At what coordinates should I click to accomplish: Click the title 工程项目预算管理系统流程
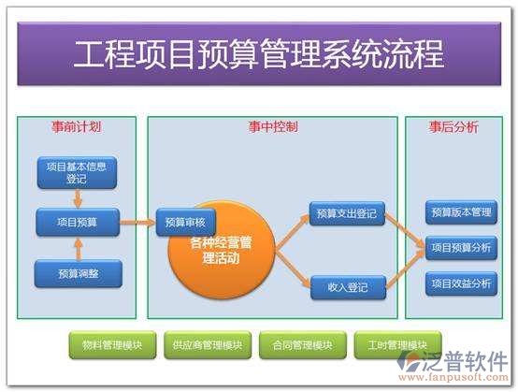258,53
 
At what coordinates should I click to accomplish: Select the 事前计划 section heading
76,126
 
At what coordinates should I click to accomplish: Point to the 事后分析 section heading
453,126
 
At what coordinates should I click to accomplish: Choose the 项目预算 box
77,222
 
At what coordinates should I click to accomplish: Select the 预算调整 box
77,273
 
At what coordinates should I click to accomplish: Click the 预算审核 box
185,222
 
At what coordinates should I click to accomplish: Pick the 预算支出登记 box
347,214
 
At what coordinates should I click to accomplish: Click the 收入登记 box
347,287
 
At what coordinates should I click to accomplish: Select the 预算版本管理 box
461,212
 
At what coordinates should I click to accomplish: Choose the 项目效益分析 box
461,283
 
